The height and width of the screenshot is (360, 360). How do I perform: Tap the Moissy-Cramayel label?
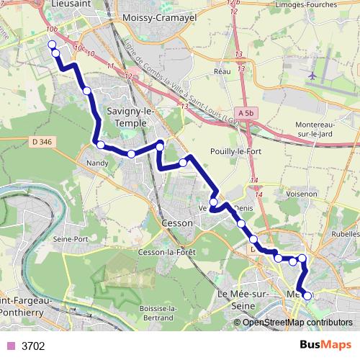click(x=150, y=17)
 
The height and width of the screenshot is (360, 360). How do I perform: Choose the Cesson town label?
click(x=178, y=223)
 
